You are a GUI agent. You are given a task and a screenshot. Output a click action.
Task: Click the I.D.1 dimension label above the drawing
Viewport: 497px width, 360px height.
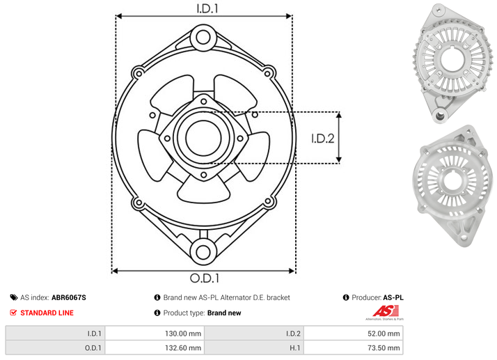[207, 8]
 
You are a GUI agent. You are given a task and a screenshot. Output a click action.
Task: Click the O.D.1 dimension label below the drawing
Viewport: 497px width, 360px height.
[205, 278]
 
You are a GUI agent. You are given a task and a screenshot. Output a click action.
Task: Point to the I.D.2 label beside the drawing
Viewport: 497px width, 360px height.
[323, 139]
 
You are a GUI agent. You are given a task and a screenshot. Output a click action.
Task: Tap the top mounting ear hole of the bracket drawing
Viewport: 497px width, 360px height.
[203, 37]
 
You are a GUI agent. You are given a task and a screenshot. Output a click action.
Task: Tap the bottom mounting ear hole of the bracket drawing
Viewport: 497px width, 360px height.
[203, 252]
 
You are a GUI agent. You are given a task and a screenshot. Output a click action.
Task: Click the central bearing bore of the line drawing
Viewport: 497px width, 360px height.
[203, 138]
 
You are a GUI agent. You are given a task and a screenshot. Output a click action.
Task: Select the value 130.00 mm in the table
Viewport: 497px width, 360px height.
[183, 334]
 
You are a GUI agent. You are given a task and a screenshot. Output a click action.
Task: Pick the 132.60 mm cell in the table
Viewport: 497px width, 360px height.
[183, 348]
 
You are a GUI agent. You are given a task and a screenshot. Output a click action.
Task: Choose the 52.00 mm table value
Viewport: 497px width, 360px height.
[384, 334]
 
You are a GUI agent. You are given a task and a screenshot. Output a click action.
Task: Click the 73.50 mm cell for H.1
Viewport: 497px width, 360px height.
[384, 348]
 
